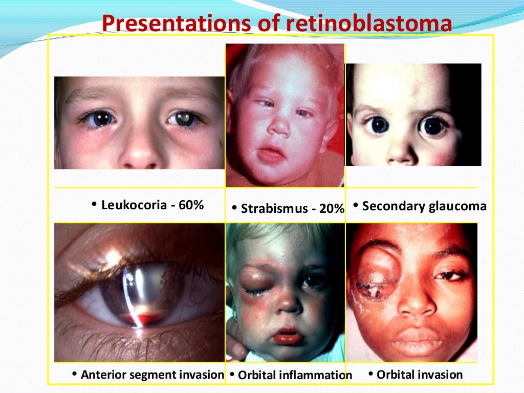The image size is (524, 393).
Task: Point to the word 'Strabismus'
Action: tap(273, 208)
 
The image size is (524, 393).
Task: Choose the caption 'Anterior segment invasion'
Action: tap(152, 375)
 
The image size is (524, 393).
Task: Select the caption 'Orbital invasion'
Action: tap(419, 375)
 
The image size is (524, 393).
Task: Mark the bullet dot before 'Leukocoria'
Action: tap(94, 205)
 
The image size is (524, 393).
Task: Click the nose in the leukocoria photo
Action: tap(140, 154)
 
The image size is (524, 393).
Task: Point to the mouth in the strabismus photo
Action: tap(272, 154)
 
